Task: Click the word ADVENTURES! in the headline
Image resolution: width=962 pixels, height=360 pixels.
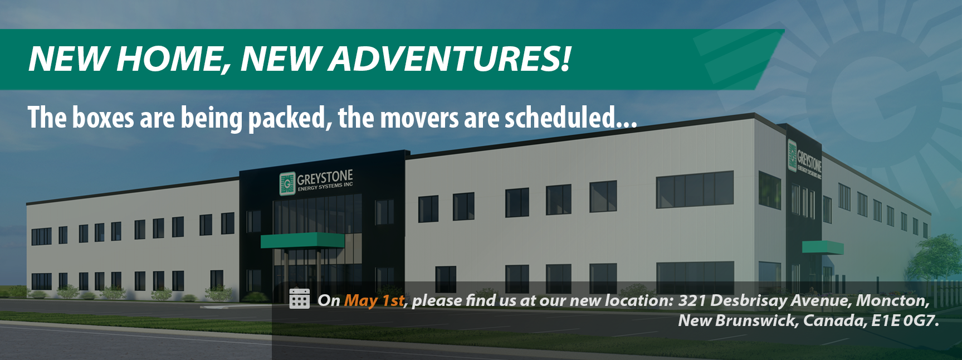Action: pyautogui.click(x=450, y=59)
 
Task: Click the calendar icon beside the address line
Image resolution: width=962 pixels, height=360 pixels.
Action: pyautogui.click(x=300, y=299)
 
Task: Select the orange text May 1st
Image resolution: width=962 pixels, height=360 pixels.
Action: pyautogui.click(x=374, y=300)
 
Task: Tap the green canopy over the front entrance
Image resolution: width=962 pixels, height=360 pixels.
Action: pyautogui.click(x=302, y=240)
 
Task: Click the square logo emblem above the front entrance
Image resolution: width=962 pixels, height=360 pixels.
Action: pyautogui.click(x=287, y=183)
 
